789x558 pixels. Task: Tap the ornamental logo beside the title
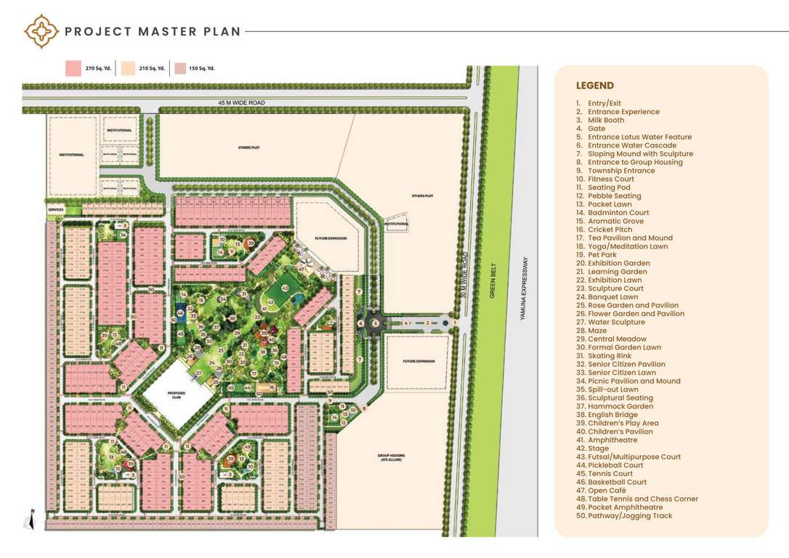[x=41, y=31]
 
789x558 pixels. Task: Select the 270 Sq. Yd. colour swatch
[x=73, y=68]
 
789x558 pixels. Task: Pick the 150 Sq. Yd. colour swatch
[x=179, y=68]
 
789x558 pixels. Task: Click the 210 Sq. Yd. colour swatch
[x=127, y=68]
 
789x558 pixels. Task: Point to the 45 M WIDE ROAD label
[x=242, y=103]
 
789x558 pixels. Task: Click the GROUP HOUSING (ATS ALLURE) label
[x=392, y=458]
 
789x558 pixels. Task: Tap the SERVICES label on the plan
[x=55, y=210]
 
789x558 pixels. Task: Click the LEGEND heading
[x=595, y=86]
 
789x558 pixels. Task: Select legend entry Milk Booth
[x=605, y=120]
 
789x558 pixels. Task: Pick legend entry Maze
[x=596, y=331]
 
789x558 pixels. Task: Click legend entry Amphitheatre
[x=612, y=440]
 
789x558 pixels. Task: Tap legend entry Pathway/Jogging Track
[x=629, y=516]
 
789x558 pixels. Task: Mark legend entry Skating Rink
[x=611, y=356]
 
